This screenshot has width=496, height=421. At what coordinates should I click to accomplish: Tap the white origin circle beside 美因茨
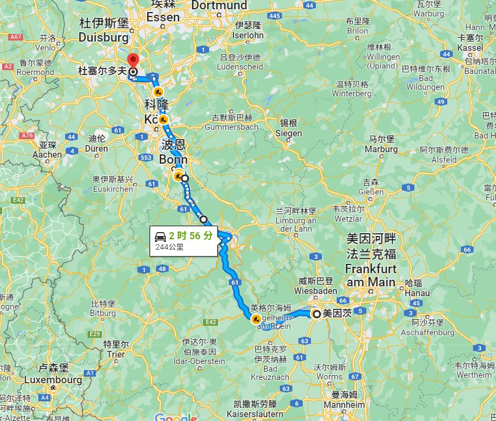click(x=316, y=314)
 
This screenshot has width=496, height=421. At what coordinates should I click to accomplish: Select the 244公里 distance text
click(x=170, y=247)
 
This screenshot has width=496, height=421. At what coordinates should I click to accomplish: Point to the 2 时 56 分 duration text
click(x=190, y=236)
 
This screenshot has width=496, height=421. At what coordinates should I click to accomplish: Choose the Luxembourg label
click(x=53, y=379)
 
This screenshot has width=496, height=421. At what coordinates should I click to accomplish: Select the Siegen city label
click(x=289, y=133)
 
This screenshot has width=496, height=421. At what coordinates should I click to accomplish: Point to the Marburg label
click(x=382, y=149)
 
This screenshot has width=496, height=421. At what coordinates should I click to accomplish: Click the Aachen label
click(x=47, y=154)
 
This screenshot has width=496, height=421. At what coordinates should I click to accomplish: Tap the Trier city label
click(x=116, y=354)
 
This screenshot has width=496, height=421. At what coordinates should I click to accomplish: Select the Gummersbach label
click(x=232, y=127)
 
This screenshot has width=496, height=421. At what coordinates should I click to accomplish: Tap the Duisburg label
click(x=103, y=37)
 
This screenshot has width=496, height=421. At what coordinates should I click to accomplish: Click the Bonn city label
click(x=173, y=159)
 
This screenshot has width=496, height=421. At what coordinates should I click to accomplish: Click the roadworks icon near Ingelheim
click(x=256, y=319)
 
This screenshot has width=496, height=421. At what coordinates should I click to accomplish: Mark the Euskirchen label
click(x=113, y=189)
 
